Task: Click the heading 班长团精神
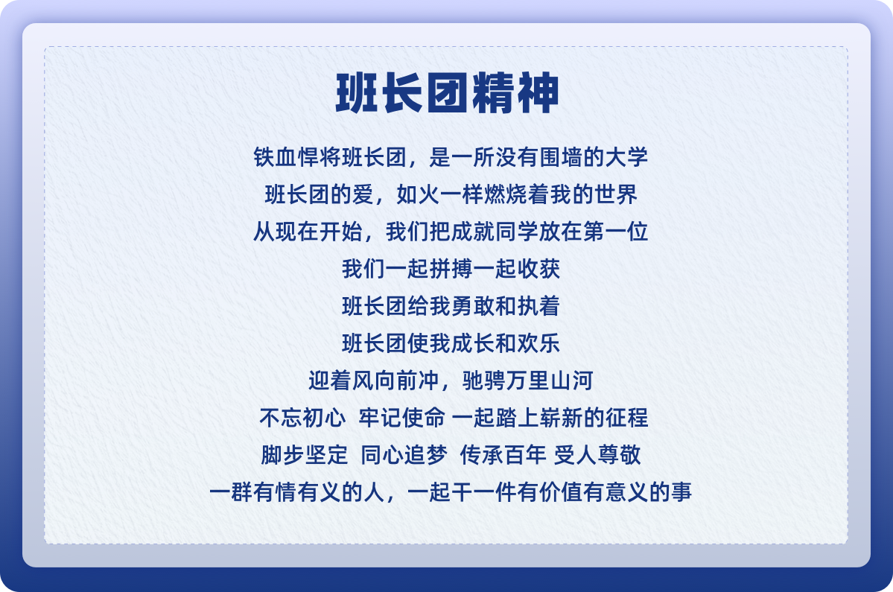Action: [447, 93]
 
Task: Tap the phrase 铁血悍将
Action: [297, 157]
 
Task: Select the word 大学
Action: [626, 157]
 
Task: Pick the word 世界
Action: [616, 194]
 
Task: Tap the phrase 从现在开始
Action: [308, 232]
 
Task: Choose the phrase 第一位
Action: [616, 232]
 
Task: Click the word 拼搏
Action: [451, 269]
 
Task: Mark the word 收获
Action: [538, 269]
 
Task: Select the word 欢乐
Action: [538, 343]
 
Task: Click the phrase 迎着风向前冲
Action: [374, 381]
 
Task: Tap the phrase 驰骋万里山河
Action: [528, 381]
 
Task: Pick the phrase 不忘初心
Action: [302, 418]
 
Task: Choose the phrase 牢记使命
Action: [401, 418]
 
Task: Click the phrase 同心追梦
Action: [404, 455]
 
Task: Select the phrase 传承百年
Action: [503, 455]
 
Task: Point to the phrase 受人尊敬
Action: [597, 455]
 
